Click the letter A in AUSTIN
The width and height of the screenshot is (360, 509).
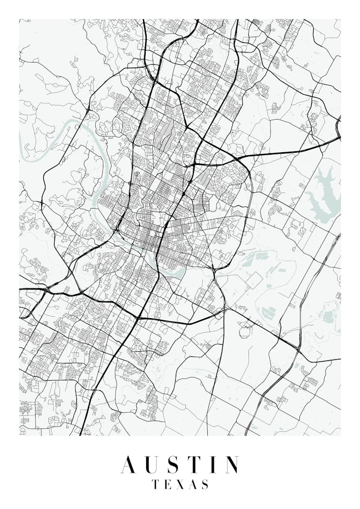pyautogui.click(x=129, y=465)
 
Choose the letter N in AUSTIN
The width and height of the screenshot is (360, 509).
pyautogui.click(x=231, y=465)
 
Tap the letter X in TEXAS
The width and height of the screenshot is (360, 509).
pyautogui.click(x=179, y=484)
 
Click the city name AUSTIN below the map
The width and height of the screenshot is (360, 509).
pyautogui.click(x=180, y=465)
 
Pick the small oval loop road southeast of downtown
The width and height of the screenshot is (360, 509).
pyautogui.click(x=246, y=326)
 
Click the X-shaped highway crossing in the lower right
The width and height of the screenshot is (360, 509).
pyautogui.click(x=296, y=347)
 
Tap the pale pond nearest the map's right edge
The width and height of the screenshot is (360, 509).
pyautogui.click(x=329, y=316)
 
